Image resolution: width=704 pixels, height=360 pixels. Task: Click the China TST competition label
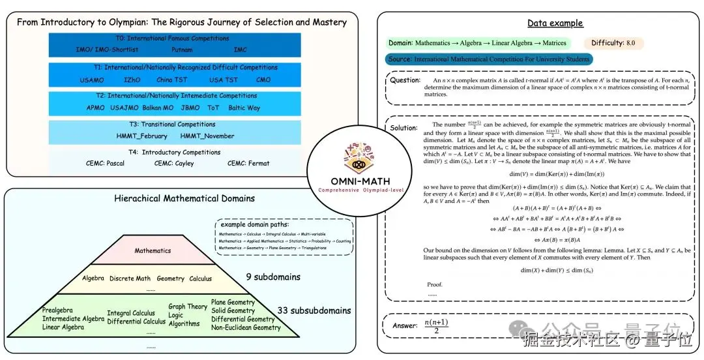(x=173, y=80)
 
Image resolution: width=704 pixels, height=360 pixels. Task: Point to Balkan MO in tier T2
(x=156, y=108)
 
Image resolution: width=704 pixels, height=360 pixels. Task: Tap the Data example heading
(x=555, y=23)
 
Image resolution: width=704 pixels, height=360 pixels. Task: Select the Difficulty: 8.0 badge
(x=614, y=43)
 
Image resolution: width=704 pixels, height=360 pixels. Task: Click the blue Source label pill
(x=488, y=59)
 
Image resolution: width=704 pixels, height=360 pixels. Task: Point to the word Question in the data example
(x=405, y=80)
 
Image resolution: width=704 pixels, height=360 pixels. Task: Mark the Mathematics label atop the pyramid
(x=153, y=250)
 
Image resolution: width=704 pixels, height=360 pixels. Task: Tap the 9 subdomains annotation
(x=273, y=277)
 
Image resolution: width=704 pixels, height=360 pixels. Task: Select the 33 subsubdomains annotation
(x=314, y=310)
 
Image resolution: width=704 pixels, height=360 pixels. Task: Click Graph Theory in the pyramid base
(x=188, y=307)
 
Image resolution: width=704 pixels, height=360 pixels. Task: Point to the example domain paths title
(x=252, y=224)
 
